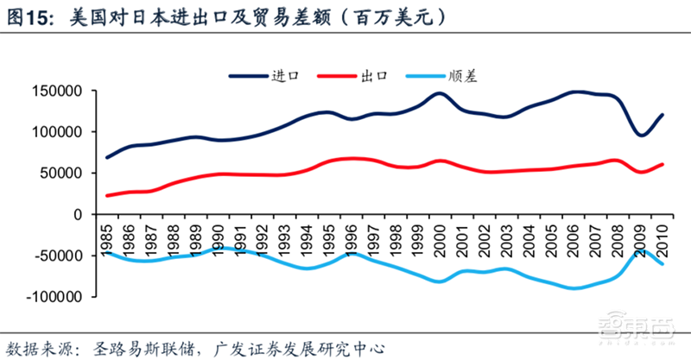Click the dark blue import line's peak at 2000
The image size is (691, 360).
440,93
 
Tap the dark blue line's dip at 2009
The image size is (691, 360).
640,135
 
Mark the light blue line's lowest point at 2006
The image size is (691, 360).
573,287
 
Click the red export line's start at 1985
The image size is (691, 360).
108,195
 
